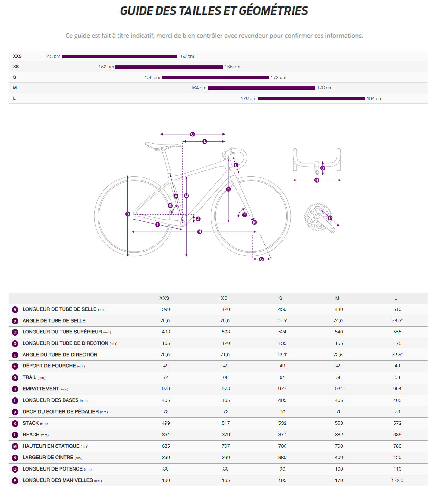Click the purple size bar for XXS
[x=119, y=56]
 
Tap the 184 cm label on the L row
[x=374, y=98]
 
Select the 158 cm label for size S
[x=152, y=77]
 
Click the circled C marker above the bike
[x=192, y=134]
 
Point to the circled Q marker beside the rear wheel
[x=127, y=214]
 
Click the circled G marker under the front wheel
[x=261, y=259]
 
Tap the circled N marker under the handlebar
[x=316, y=180]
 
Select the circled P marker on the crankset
[x=330, y=218]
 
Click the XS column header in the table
[x=224, y=298]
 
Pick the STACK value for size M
[x=339, y=423]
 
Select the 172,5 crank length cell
[x=397, y=480]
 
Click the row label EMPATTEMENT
[x=41, y=389]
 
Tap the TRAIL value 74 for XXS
[x=166, y=377]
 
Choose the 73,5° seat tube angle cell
[x=397, y=321]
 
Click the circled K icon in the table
[x=15, y=424]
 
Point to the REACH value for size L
[x=397, y=435]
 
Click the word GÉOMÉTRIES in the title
[x=273, y=11]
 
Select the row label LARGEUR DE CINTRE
[x=48, y=458]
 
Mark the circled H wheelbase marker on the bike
[x=200, y=232]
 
